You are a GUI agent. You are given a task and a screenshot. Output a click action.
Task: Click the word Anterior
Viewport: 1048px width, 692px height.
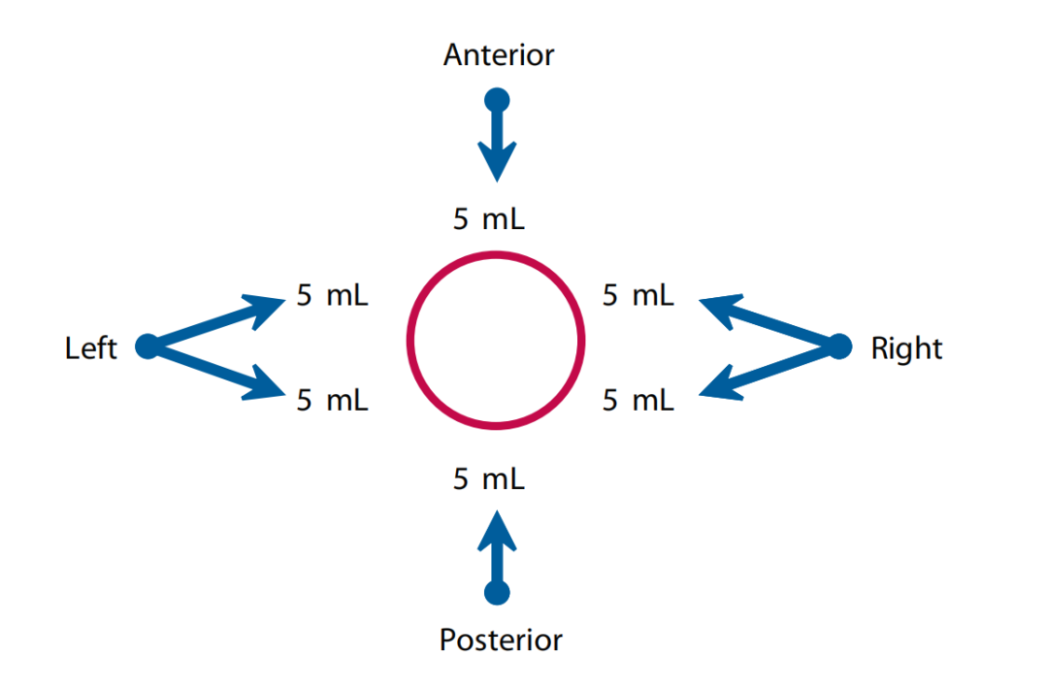(x=498, y=55)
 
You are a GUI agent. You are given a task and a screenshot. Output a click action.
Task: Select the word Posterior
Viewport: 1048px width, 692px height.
(x=501, y=641)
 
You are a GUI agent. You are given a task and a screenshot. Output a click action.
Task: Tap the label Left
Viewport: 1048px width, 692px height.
(x=91, y=347)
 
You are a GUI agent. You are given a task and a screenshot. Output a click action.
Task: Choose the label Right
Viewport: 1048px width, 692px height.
(x=906, y=347)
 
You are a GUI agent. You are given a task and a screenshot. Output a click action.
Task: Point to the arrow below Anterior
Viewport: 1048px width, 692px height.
(x=497, y=146)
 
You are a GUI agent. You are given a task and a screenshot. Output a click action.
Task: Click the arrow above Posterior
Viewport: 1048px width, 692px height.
(x=498, y=548)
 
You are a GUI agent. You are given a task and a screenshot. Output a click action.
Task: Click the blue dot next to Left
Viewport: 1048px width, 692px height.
(x=147, y=346)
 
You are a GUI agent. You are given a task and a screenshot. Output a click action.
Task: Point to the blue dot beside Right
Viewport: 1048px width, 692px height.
(x=840, y=346)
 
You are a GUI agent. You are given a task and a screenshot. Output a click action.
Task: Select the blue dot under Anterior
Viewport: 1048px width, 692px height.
(x=497, y=99)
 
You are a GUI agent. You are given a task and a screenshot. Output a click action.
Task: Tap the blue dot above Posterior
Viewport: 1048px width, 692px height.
(x=498, y=592)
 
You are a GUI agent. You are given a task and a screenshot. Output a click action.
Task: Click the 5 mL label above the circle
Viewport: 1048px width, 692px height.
(x=489, y=219)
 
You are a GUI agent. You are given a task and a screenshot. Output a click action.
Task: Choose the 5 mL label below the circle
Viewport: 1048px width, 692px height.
(x=489, y=478)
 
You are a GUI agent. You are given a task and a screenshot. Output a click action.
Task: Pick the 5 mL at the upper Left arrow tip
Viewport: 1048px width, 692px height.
(x=333, y=296)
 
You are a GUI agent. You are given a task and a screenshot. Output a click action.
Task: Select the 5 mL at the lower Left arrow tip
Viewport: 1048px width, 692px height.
(x=333, y=400)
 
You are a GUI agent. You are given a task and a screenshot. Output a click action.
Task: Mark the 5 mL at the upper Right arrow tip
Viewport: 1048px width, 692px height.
(x=639, y=296)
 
